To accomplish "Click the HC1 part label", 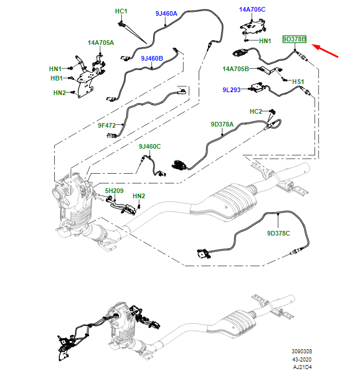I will [x=121, y=11].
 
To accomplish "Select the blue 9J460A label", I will [x=166, y=13].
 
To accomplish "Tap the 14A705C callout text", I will [x=252, y=9].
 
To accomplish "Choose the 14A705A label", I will [x=101, y=43].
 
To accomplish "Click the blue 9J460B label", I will [x=151, y=58].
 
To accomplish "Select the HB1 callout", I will [x=56, y=78].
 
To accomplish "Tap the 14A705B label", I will [x=235, y=69].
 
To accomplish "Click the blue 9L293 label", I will [x=232, y=90].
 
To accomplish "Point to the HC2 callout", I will [x=256, y=111].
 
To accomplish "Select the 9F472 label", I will [x=107, y=125].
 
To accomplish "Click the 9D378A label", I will [x=222, y=124].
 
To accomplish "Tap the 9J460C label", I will [x=149, y=146].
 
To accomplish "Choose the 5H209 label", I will [x=114, y=191].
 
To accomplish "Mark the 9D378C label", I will [x=278, y=233].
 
